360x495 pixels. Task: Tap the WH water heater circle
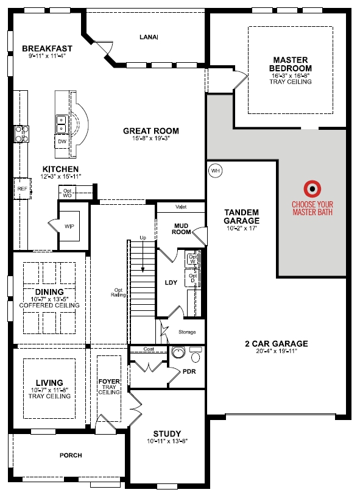(215, 171)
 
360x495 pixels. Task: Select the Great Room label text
(151, 130)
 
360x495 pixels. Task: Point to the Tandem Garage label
(241, 216)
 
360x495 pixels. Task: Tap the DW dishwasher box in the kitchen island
(62, 141)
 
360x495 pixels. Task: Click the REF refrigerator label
(22, 189)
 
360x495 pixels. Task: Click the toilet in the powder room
(195, 353)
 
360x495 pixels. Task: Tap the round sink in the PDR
(178, 353)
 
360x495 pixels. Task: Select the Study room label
(167, 434)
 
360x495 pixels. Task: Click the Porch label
(71, 455)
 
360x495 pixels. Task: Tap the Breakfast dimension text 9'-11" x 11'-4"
(46, 56)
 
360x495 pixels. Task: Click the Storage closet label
(187, 332)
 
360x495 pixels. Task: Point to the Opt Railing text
(119, 293)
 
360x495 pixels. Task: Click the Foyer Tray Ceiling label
(109, 388)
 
